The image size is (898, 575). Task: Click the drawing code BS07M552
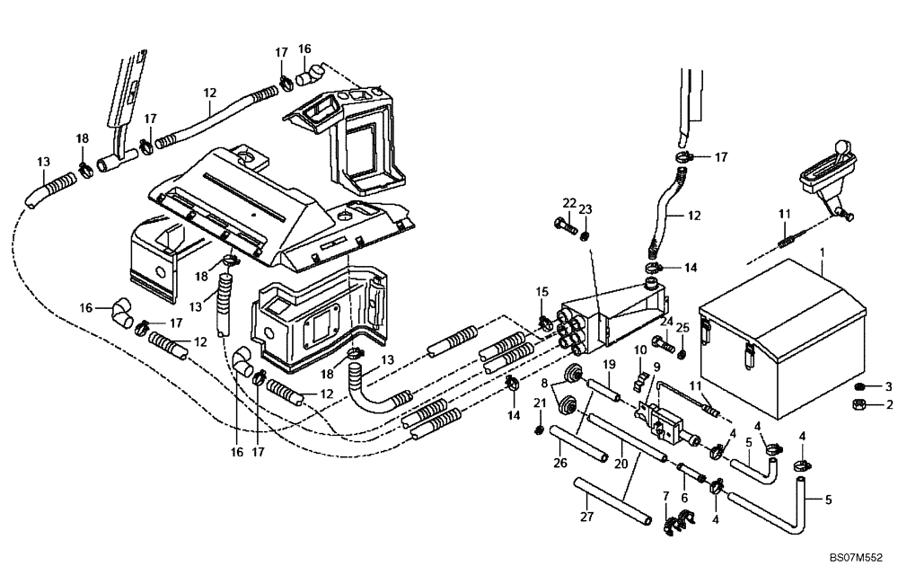click(857, 558)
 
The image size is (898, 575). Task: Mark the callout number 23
click(586, 210)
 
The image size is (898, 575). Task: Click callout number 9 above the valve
click(656, 366)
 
